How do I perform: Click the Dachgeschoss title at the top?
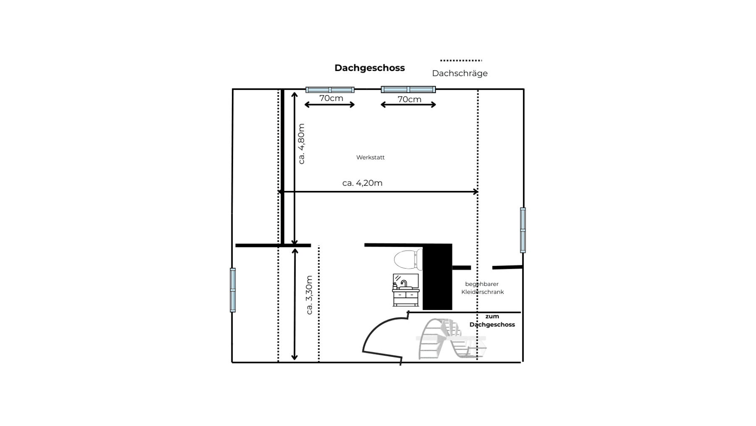point(370,68)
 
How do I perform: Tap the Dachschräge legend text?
point(459,73)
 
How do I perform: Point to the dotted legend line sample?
point(461,61)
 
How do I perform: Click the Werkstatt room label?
point(370,157)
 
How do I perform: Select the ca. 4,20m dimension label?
point(362,183)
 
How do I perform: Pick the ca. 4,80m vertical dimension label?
point(301,144)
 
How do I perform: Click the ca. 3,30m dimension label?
point(310,295)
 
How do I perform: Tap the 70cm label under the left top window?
point(331,98)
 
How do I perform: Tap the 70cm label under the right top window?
point(409,99)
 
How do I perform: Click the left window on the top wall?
point(330,90)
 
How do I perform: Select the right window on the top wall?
point(408,89)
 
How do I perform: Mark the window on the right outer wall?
point(523,230)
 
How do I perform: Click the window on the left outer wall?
point(233,290)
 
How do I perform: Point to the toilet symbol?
point(408,259)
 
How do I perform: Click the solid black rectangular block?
point(437,277)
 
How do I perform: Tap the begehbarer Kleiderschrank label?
point(482,288)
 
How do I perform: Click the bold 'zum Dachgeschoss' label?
point(492,320)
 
